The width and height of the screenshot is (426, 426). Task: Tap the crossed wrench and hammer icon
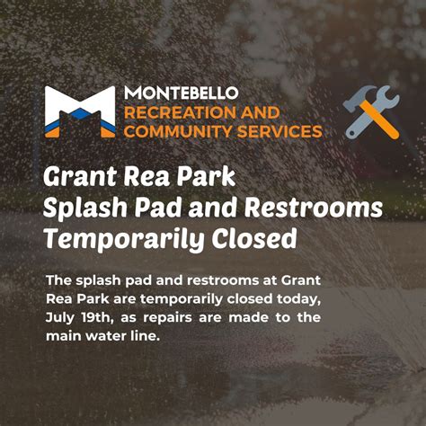(371, 112)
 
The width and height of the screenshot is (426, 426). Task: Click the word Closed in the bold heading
(258, 239)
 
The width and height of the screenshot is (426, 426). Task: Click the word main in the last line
(64, 336)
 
